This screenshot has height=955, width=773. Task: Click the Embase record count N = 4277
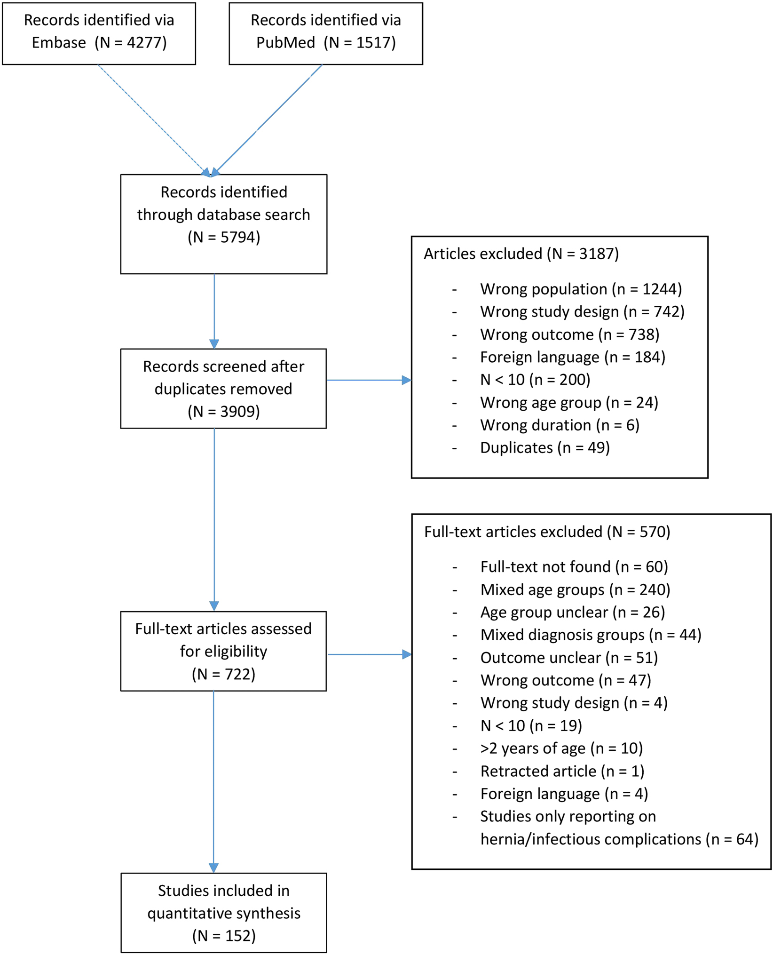click(x=131, y=43)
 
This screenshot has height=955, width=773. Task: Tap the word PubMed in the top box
click(x=285, y=43)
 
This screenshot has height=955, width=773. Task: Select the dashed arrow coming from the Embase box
click(x=153, y=119)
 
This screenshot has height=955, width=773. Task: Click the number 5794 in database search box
click(x=240, y=237)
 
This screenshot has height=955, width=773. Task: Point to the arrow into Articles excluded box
click(x=369, y=380)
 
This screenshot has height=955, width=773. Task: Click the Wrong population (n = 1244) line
click(x=581, y=289)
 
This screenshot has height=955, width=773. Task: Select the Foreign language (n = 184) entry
click(x=572, y=357)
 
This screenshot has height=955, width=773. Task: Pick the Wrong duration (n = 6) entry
click(x=560, y=425)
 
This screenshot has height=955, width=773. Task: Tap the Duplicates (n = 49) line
click(x=544, y=448)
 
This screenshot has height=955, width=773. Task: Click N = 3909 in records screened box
click(x=224, y=412)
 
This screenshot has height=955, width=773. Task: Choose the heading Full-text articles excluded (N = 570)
click(x=547, y=532)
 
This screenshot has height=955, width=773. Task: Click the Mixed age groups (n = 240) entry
click(x=575, y=589)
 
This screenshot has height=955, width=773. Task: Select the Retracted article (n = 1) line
click(x=562, y=771)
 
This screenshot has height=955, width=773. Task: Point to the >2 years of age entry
click(x=561, y=748)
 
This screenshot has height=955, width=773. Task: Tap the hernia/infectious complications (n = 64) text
click(x=619, y=839)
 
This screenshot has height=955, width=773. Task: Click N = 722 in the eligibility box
click(x=224, y=674)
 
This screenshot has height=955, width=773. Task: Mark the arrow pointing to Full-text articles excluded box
click(x=369, y=654)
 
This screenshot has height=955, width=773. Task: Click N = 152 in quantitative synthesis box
click(x=224, y=936)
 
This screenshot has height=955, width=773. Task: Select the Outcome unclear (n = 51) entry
click(x=569, y=658)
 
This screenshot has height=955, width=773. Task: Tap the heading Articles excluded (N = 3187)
click(x=521, y=254)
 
